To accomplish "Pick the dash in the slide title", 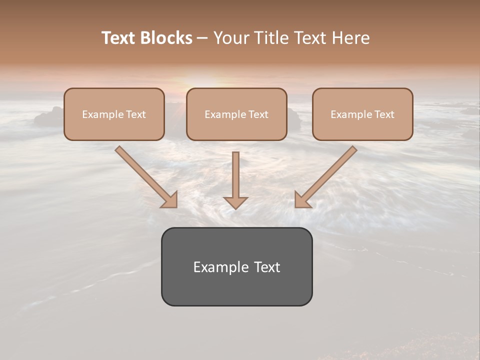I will [202, 38].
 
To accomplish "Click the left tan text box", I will [114, 114].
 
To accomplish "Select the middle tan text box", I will [236, 114].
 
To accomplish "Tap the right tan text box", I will [362, 114].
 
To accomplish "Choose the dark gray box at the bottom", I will [236, 266].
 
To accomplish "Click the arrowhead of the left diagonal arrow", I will [170, 200].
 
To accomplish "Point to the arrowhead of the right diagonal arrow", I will [301, 200].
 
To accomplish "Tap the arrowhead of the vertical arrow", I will [235, 202].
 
